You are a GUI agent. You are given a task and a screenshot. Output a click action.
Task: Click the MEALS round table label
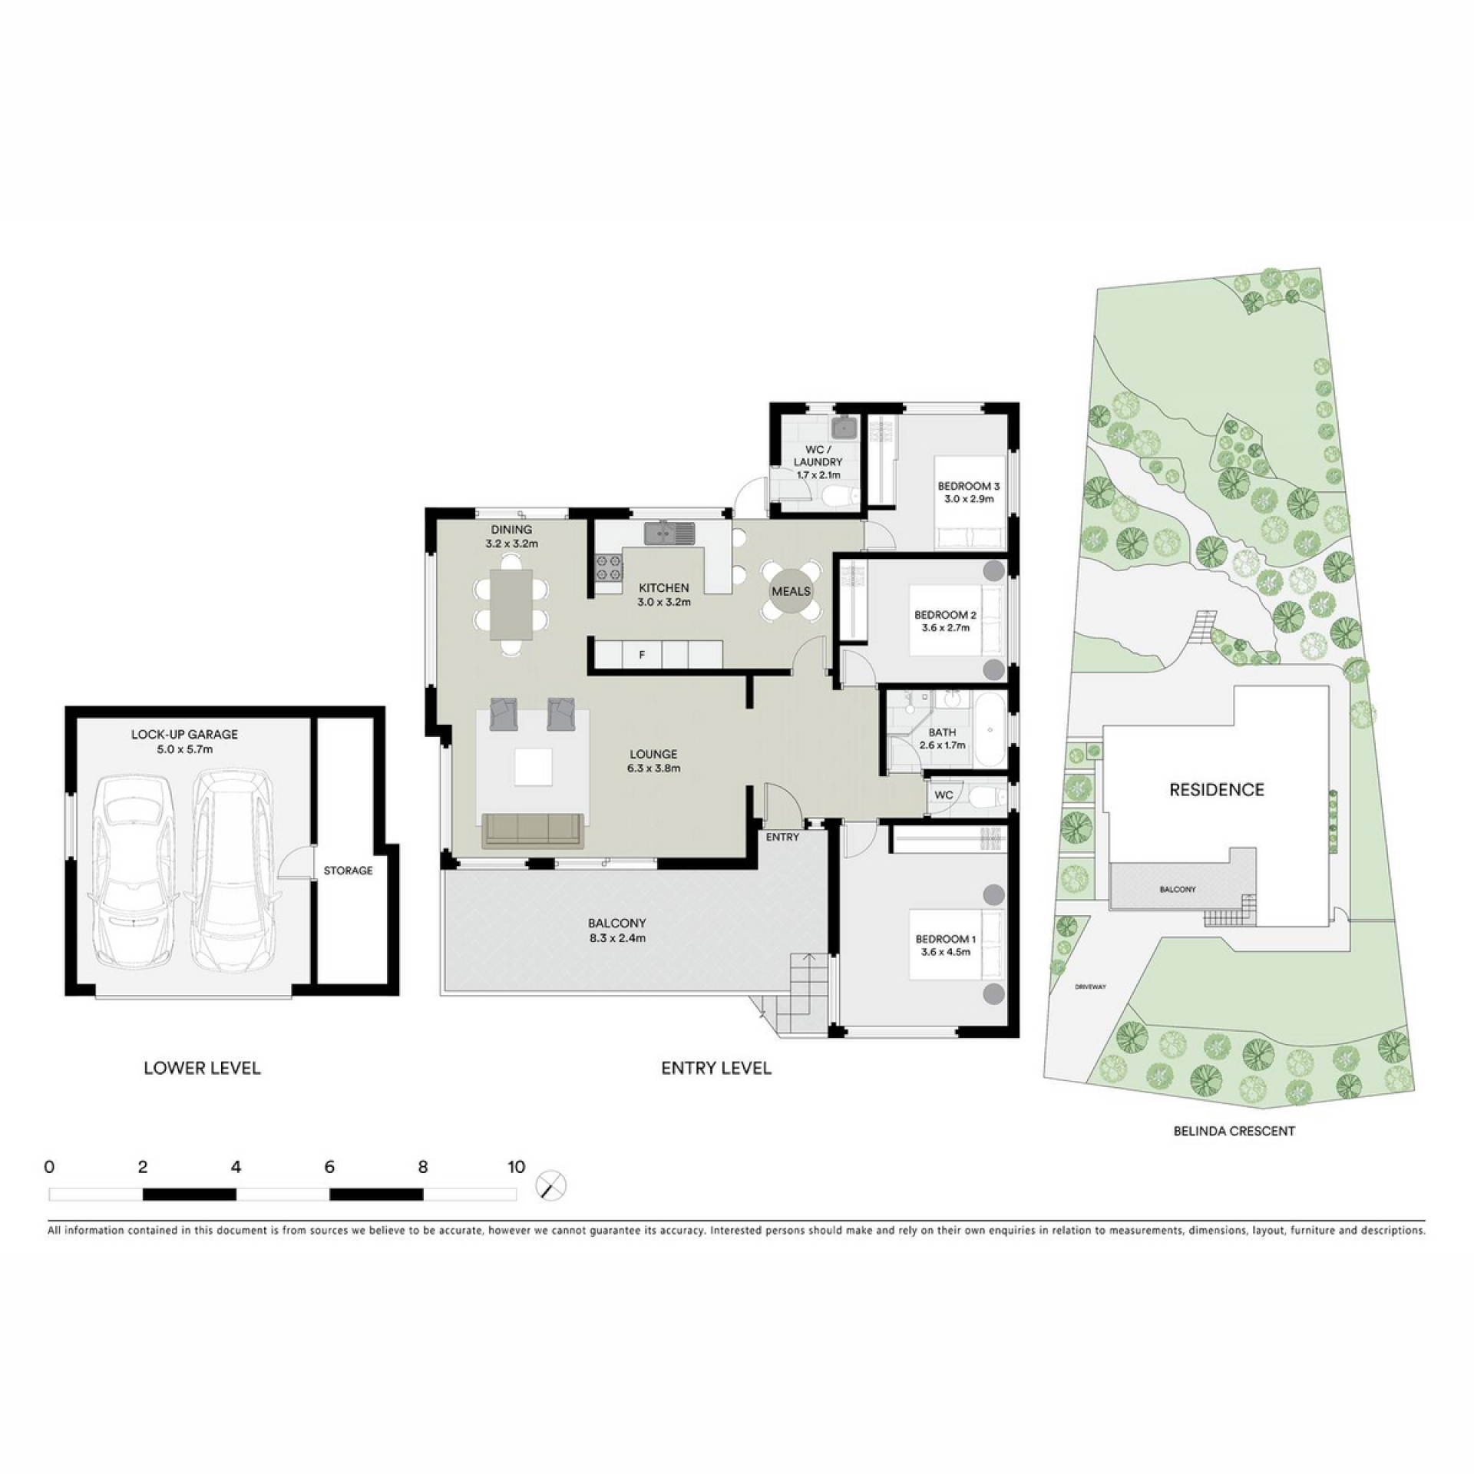[791, 591]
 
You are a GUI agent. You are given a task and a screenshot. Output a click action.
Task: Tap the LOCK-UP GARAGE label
[184, 734]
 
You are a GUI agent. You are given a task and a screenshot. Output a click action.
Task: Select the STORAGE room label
[348, 871]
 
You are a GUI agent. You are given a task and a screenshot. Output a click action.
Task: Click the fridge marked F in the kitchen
[642, 656]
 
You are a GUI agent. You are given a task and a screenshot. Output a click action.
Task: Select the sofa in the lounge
[531, 831]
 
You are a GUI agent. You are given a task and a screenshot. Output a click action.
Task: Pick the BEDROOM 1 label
[946, 939]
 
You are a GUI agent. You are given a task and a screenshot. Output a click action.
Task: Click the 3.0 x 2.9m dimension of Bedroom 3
[969, 498]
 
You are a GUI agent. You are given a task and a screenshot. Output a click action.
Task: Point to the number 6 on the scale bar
[329, 1167]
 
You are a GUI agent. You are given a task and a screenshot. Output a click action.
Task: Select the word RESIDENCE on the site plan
[1217, 789]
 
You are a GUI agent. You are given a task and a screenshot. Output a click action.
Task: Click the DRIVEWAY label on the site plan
[1089, 987]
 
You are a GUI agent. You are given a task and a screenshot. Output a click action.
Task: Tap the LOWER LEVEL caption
[202, 1068]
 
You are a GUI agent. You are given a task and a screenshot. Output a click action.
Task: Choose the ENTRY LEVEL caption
[716, 1068]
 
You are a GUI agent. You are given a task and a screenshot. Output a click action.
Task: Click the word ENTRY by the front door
[782, 837]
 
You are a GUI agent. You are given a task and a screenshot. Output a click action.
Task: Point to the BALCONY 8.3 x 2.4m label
[617, 930]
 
